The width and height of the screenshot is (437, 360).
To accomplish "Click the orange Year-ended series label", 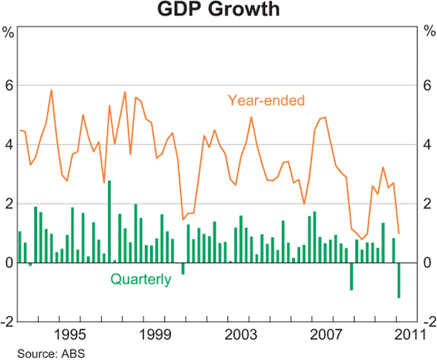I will [266, 99].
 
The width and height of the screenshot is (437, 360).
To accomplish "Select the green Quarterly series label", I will [141, 278].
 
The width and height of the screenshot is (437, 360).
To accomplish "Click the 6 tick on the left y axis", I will [9, 85].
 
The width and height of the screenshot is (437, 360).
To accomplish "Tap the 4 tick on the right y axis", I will [428, 144].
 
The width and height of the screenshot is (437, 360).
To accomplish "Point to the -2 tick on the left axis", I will [7, 321].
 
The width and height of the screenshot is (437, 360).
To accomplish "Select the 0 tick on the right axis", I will [428, 262].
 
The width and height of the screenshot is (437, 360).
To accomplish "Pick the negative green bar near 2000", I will [183, 268].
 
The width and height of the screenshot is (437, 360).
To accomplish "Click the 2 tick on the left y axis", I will [9, 203].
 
